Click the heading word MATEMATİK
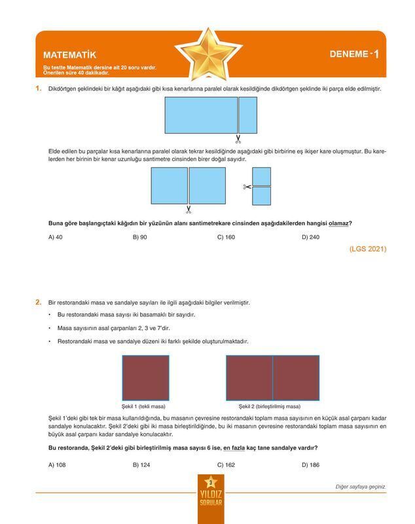(69, 56)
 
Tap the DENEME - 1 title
(353, 54)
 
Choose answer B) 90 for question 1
(139, 237)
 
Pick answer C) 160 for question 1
(226, 237)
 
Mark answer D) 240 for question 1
(310, 237)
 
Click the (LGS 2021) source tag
(368, 249)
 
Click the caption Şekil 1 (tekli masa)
(143, 406)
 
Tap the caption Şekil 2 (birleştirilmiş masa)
(269, 406)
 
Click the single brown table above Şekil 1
(145, 377)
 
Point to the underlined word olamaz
(338, 223)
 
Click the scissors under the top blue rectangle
(238, 139)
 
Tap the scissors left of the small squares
(247, 187)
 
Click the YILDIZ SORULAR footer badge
(210, 499)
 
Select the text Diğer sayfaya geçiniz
(359, 487)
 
